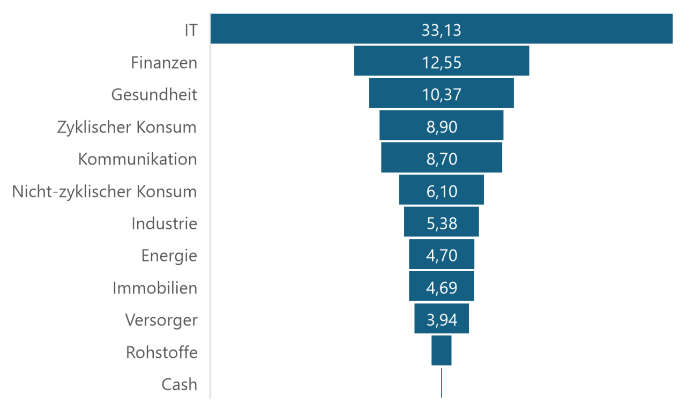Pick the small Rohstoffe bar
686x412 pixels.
pyautogui.click(x=441, y=350)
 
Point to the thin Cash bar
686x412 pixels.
pyautogui.click(x=441, y=383)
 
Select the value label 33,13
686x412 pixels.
pyautogui.click(x=441, y=30)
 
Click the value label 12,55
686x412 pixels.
pyautogui.click(x=441, y=62)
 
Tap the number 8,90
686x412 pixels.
pyautogui.click(x=442, y=127)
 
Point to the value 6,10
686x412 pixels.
pyautogui.click(x=442, y=191)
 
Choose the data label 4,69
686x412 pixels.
pyautogui.click(x=442, y=288)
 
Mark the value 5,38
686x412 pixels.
pyautogui.click(x=442, y=223)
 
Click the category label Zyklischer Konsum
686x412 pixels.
pyautogui.click(x=127, y=128)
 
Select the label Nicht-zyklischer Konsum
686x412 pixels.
pyautogui.click(x=105, y=192)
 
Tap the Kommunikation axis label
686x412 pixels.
pyautogui.click(x=137, y=160)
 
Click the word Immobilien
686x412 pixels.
pyautogui.click(x=154, y=288)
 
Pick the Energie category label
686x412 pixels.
pyautogui.click(x=169, y=256)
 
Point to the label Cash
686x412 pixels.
pyautogui.click(x=179, y=385)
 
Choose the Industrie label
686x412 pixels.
pyautogui.click(x=164, y=224)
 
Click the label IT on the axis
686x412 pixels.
pyautogui.click(x=190, y=31)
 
